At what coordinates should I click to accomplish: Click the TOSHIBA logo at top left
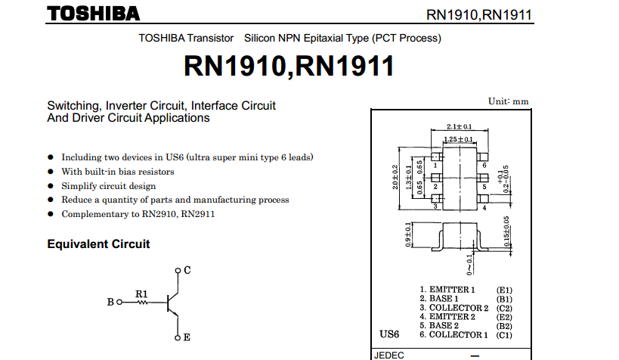[x=93, y=13]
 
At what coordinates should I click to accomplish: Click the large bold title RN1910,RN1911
[x=289, y=67]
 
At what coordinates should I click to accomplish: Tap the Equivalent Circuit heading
[x=98, y=244]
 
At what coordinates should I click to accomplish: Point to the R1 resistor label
[x=141, y=293]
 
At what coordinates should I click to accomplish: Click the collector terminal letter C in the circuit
[x=187, y=270]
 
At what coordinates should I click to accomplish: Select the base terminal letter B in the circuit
[x=110, y=303]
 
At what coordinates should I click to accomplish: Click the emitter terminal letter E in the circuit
[x=187, y=337]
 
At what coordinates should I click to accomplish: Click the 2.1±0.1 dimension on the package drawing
[x=459, y=126]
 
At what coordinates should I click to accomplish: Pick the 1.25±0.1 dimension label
[x=458, y=140]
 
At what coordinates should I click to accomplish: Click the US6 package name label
[x=389, y=334]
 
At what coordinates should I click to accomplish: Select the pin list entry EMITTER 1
[x=451, y=290]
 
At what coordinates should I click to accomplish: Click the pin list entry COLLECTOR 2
[x=458, y=308]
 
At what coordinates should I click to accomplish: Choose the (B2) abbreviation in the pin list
[x=505, y=326]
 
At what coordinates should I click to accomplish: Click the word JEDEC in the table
[x=390, y=355]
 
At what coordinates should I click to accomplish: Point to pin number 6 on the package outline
[x=483, y=164]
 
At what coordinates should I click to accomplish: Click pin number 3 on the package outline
[x=435, y=206]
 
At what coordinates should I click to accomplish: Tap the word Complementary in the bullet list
[x=93, y=214]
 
